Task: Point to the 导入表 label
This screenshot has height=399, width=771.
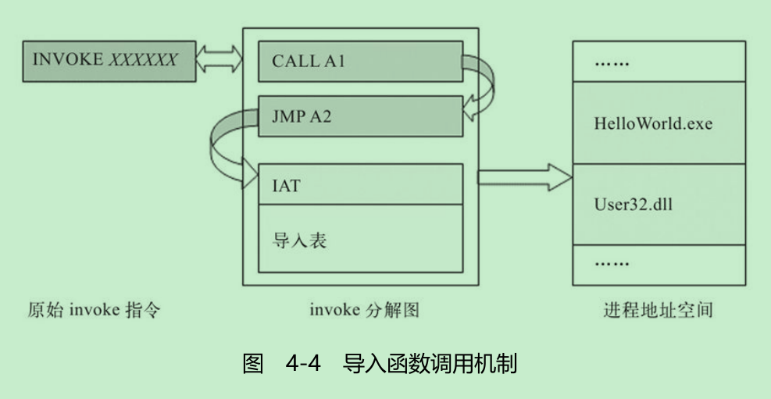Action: [x=299, y=239]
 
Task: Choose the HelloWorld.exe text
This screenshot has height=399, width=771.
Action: [x=653, y=123]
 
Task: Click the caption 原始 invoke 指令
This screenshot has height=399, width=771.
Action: [x=94, y=311]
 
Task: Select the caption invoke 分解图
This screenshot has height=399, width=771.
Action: [x=365, y=311]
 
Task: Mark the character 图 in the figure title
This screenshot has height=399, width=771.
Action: [x=252, y=364]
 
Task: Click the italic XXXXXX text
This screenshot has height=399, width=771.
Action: [x=142, y=61]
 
